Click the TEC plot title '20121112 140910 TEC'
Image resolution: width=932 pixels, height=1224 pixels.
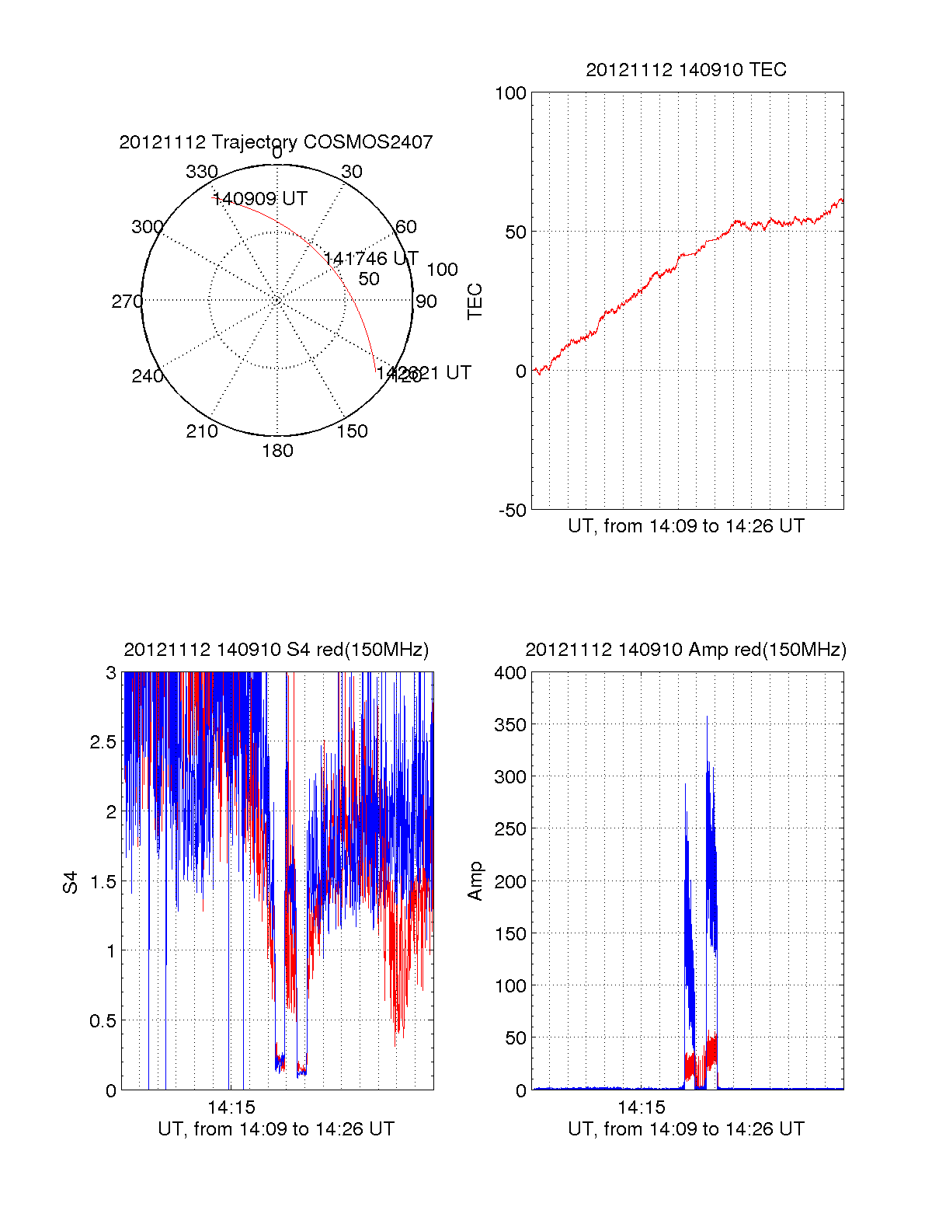tap(686, 70)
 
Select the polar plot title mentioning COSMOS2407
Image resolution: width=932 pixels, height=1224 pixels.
tap(276, 142)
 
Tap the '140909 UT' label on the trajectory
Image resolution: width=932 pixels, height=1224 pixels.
tap(260, 199)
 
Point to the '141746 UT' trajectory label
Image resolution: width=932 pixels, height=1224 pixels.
tap(371, 258)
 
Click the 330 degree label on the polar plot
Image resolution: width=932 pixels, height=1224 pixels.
tap(202, 172)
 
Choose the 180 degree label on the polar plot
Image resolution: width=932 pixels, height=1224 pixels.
tap(277, 451)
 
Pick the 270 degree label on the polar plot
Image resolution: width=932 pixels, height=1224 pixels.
tap(127, 302)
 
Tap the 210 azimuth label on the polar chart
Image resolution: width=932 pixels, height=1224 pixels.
tap(202, 431)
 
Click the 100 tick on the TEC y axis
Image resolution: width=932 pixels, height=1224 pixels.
tap(510, 93)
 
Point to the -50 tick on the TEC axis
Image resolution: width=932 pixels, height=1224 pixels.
tap(512, 511)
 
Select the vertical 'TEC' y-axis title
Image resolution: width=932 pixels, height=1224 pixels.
tap(475, 302)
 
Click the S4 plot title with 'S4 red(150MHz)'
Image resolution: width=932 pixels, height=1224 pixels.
tap(276, 650)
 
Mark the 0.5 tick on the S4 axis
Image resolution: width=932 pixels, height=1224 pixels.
tap(103, 1021)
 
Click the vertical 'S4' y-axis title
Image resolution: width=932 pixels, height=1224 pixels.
tap(71, 883)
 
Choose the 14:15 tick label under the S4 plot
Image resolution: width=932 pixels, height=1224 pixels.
tap(231, 1107)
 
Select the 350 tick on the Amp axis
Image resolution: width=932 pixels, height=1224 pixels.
tap(510, 725)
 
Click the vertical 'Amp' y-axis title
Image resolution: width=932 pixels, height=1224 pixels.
tap(475, 881)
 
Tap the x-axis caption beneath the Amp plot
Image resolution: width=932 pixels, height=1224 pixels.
tap(686, 1129)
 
